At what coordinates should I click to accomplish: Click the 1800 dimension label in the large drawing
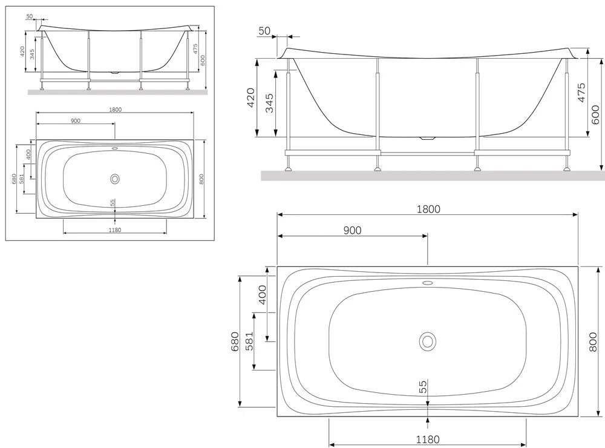(x=428, y=209)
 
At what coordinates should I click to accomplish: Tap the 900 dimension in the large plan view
(x=352, y=230)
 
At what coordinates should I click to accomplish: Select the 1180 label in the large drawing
(x=428, y=440)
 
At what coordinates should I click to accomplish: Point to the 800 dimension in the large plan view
(x=594, y=342)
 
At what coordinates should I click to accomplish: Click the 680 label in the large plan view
(x=235, y=341)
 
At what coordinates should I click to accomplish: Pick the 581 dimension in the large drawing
(x=250, y=341)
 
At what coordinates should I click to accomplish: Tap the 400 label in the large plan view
(x=263, y=295)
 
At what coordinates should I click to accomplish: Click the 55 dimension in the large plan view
(x=423, y=387)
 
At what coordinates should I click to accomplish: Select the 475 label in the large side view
(x=581, y=92)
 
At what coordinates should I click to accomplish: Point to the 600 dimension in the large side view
(x=595, y=114)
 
